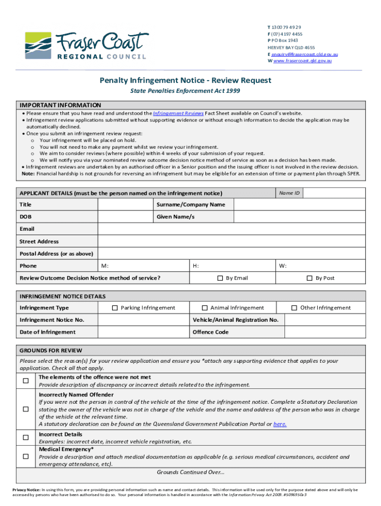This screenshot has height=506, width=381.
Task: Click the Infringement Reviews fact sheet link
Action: [x=178, y=113]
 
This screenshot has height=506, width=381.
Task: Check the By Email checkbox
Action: [x=220, y=278]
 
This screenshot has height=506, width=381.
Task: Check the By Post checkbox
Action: [x=310, y=278]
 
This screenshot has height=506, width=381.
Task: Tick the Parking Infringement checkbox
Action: [x=115, y=308]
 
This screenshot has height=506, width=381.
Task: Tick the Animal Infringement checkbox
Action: [x=204, y=308]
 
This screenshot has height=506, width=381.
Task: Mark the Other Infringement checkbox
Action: [x=294, y=308]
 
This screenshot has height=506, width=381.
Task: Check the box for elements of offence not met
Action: [x=25, y=381]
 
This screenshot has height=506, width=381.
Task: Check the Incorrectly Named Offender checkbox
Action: [x=25, y=410]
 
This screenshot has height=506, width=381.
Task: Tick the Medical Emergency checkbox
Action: [x=25, y=457]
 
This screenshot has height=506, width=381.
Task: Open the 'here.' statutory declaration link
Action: [x=280, y=424]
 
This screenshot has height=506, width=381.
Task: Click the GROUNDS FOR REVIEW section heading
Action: [x=51, y=351]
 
